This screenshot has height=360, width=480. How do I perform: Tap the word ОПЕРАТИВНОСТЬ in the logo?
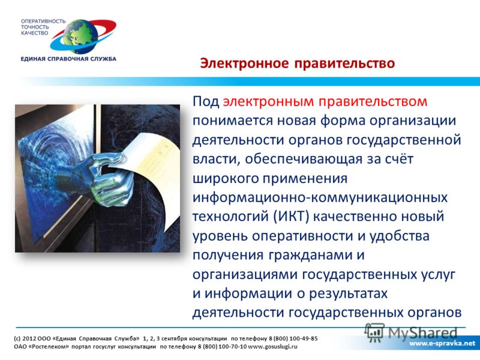[43, 22]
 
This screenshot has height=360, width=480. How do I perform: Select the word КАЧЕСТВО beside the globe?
[35, 33]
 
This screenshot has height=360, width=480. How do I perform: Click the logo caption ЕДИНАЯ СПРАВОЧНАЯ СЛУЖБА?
[68, 59]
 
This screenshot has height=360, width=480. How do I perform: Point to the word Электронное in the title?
[244, 64]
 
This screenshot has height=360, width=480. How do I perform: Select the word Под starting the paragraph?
[206, 101]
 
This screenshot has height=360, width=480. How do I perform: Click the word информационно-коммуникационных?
[320, 197]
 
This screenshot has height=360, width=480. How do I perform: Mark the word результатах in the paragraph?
[349, 294]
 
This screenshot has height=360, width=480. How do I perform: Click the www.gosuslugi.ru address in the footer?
[272, 347]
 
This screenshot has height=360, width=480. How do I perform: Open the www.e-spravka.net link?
[442, 343]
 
